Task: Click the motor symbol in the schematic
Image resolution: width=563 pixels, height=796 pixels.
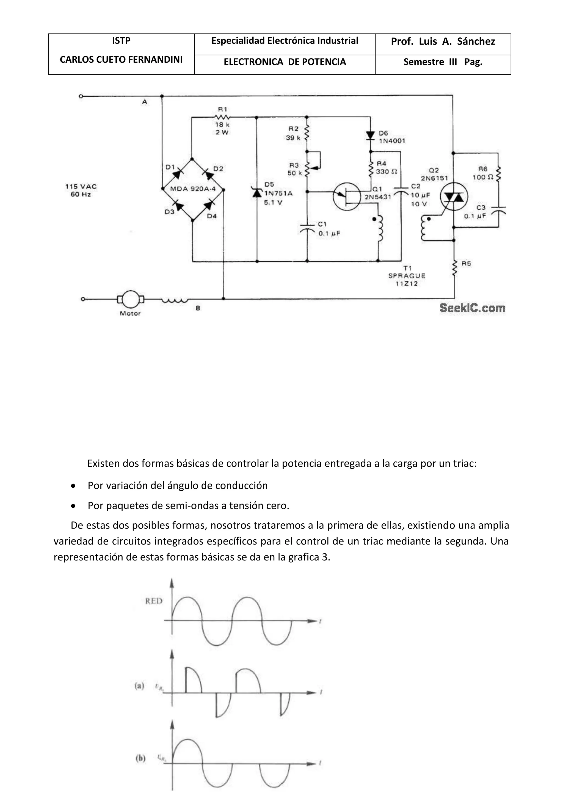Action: (131, 299)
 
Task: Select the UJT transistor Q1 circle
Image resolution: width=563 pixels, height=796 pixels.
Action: (347, 197)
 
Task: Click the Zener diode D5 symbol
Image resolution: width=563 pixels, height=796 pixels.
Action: (257, 192)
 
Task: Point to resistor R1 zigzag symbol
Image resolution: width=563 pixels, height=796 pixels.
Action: (222, 118)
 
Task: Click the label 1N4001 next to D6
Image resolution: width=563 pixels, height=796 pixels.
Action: (392, 141)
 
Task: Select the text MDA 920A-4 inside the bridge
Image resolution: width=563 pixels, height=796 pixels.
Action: (193, 189)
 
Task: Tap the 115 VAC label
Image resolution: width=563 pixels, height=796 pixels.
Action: (81, 187)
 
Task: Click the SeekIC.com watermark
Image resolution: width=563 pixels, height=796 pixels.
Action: (472, 308)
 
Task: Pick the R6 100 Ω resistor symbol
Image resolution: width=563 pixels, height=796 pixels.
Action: (498, 174)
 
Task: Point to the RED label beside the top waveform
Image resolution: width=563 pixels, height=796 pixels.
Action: (154, 601)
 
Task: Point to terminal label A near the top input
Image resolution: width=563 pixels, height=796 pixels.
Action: (145, 102)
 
